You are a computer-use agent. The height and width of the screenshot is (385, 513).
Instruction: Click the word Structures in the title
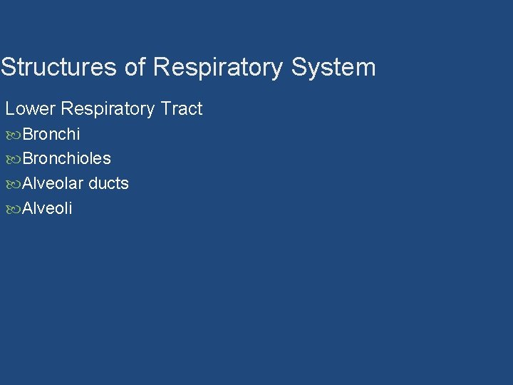[59, 67]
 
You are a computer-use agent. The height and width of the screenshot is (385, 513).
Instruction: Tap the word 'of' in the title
[135, 67]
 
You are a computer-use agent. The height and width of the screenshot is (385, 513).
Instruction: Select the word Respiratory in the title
[218, 68]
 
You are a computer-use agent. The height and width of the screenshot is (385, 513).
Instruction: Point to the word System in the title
[333, 68]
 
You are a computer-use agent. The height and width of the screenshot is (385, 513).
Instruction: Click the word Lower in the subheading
[31, 109]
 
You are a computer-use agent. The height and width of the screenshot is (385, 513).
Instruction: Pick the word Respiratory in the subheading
[108, 109]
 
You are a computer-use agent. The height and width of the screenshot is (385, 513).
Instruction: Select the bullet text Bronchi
[51, 134]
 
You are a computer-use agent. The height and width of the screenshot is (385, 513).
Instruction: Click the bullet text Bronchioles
[67, 158]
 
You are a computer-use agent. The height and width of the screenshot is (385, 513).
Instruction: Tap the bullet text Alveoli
[48, 208]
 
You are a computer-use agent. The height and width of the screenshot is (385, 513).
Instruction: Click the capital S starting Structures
[8, 67]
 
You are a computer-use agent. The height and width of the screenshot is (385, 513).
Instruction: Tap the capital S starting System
[299, 67]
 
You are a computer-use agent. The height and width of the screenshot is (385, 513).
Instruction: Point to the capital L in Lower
[10, 109]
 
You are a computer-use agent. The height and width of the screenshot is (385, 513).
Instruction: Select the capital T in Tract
[165, 109]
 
